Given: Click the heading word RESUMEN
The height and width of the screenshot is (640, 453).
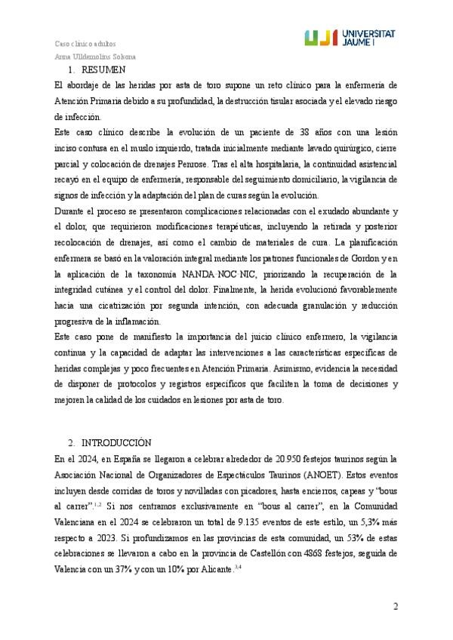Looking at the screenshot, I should pyautogui.click(x=97, y=69).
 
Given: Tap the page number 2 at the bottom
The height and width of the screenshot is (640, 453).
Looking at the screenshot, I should pyautogui.click(x=394, y=608).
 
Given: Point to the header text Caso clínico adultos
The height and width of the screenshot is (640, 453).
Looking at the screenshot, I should pyautogui.click(x=85, y=43).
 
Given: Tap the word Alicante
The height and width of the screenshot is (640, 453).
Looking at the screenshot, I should pyautogui.click(x=209, y=572).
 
